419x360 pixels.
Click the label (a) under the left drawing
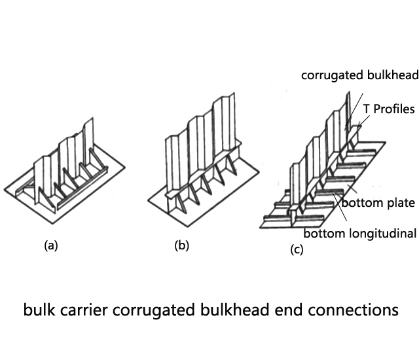(50, 246)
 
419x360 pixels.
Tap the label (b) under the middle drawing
(181, 246)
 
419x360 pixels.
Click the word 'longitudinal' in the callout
(384, 233)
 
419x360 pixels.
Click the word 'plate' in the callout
(399, 204)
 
